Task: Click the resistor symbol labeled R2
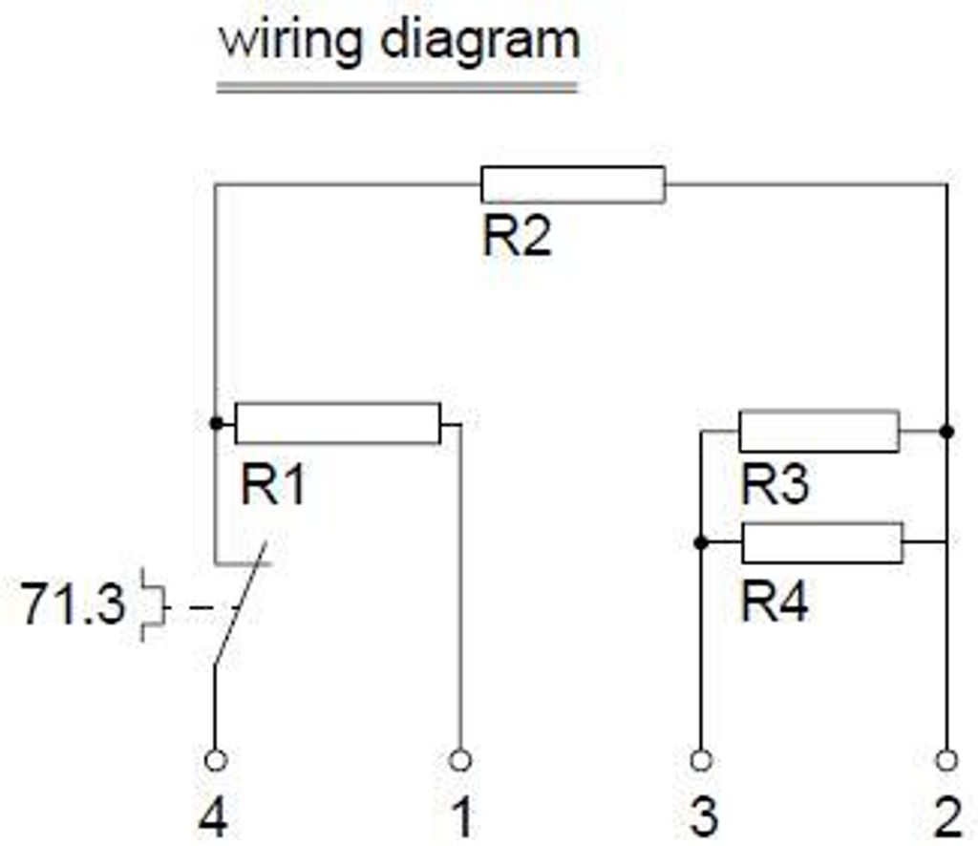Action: (572, 184)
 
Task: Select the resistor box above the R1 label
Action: (337, 423)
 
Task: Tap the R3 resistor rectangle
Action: (819, 432)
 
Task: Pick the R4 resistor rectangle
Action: (821, 542)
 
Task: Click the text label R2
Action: (517, 237)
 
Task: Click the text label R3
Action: (775, 485)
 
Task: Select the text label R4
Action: (775, 603)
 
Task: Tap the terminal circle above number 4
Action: (215, 760)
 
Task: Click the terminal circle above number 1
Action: (460, 760)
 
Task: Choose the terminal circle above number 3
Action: (701, 760)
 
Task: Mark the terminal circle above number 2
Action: (946, 760)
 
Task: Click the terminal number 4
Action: (213, 819)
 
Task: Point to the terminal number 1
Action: (461, 819)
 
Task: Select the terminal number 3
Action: (702, 819)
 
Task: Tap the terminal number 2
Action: (946, 819)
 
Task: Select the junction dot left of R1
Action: (215, 422)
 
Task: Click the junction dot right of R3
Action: (946, 432)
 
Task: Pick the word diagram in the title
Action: (478, 41)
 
